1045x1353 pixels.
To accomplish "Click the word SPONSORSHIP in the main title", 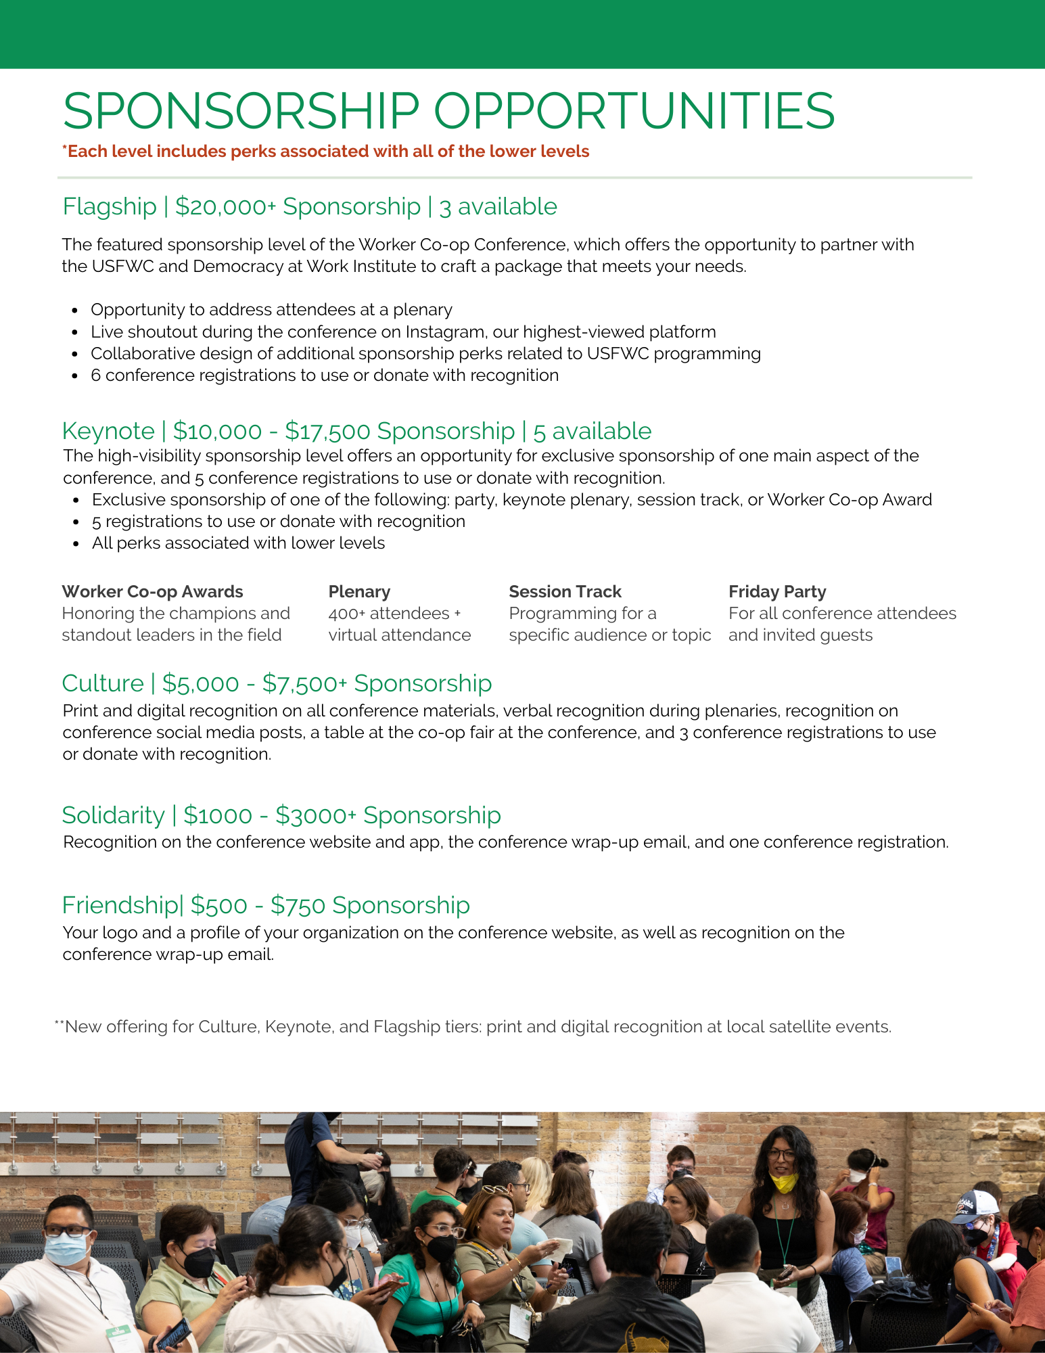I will tap(241, 111).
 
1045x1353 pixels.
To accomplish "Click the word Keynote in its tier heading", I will tap(108, 431).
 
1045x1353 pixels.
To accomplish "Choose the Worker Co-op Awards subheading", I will tap(152, 591).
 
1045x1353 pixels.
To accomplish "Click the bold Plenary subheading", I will tap(359, 591).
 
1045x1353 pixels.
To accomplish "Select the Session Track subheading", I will tap(565, 591).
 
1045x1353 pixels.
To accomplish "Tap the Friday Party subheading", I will tap(777, 591).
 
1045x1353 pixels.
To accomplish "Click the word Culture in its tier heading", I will tap(103, 683).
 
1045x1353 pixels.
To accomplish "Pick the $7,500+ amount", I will tap(304, 683).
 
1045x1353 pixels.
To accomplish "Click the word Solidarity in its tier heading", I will tap(113, 815).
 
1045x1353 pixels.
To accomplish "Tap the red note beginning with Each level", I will tap(325, 151).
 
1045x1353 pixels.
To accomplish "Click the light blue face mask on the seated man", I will tap(66, 1248).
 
